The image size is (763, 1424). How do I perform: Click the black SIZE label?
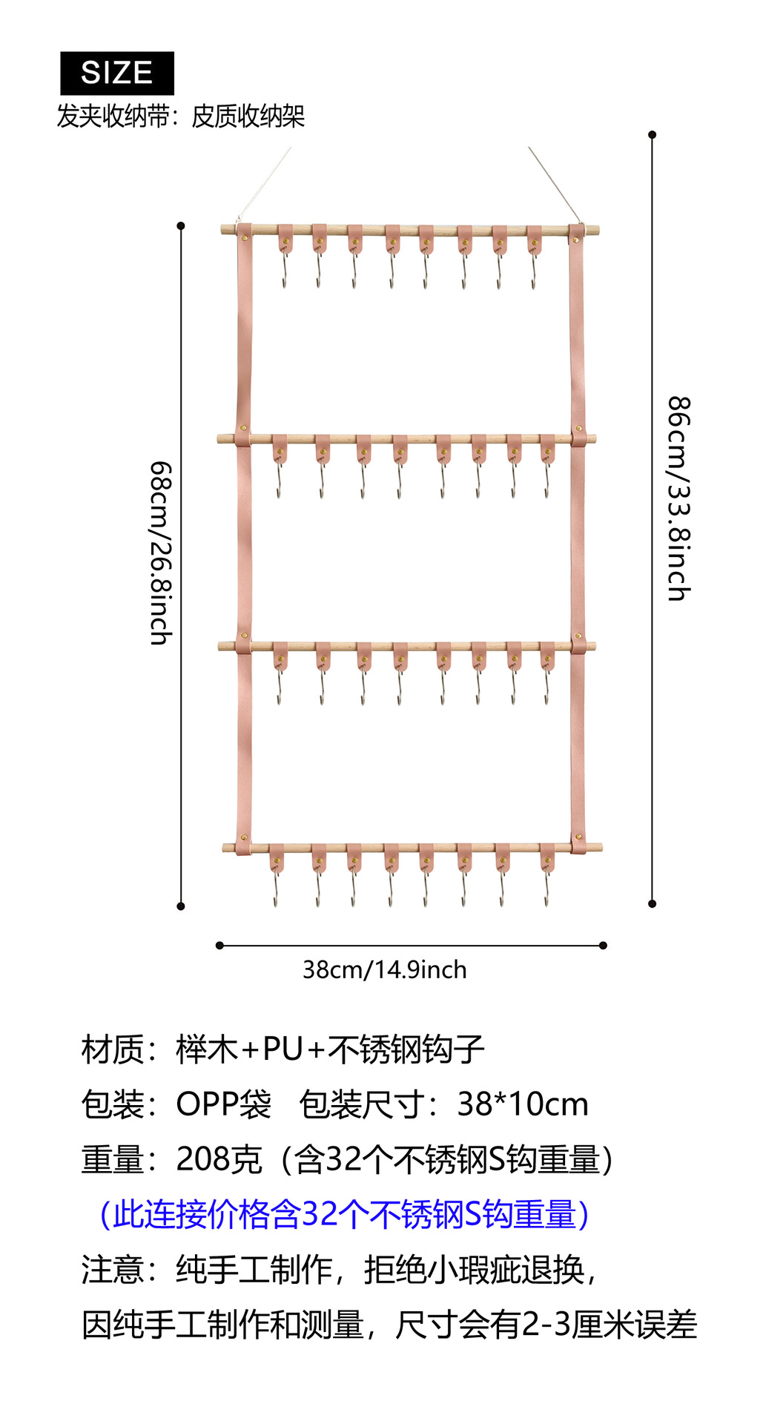pyautogui.click(x=117, y=73)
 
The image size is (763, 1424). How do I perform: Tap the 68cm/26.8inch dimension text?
pyautogui.click(x=161, y=553)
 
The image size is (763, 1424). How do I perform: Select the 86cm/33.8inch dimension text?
pyautogui.click(x=678, y=498)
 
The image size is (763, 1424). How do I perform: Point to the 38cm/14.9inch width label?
pyautogui.click(x=385, y=970)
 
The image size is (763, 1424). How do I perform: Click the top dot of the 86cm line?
pyautogui.click(x=653, y=135)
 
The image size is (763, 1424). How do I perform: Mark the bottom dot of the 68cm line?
pyautogui.click(x=181, y=906)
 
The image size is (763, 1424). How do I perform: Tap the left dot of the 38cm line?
pyautogui.click(x=219, y=946)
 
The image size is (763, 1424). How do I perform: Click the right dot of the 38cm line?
pyautogui.click(x=603, y=946)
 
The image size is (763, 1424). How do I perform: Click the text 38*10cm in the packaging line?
pyautogui.click(x=523, y=1104)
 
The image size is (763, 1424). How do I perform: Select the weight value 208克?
pyautogui.click(x=219, y=1159)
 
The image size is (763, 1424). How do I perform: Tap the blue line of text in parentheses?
pyautogui.click(x=345, y=1214)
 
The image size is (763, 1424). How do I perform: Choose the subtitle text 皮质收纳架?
pyautogui.click(x=248, y=116)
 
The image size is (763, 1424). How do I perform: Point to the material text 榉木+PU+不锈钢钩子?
pyautogui.click(x=331, y=1049)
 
